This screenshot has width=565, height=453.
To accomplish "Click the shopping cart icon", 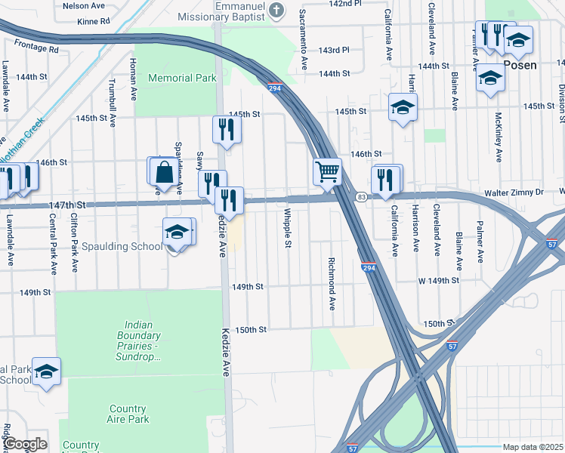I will [327, 171].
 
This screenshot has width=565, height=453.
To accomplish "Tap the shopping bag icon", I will [163, 171].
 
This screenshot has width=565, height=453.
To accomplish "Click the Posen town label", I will [520, 65].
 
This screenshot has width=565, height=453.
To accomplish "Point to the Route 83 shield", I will [362, 197].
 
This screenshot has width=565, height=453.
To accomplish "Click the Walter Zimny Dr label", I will [514, 193].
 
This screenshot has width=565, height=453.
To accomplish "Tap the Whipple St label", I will [288, 229].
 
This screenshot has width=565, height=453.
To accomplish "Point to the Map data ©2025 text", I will [533, 447].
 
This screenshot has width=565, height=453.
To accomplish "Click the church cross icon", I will [276, 10].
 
